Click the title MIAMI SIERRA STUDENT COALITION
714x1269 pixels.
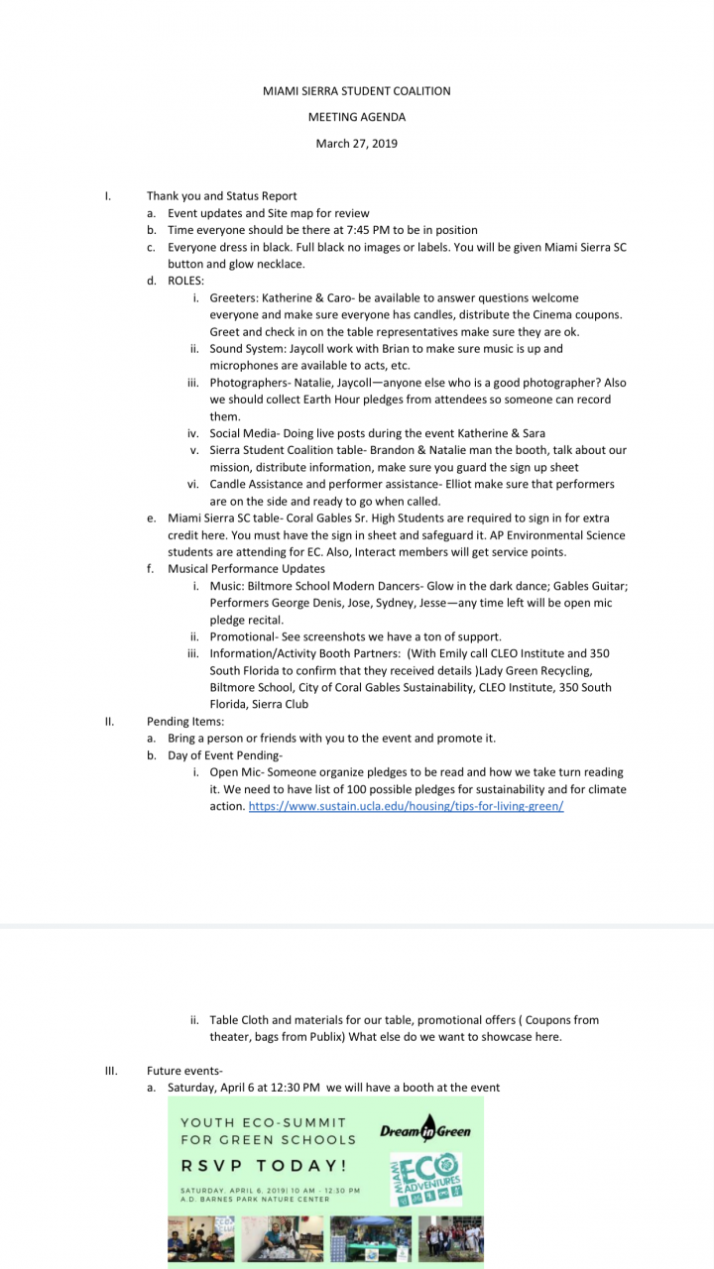coord(356,91)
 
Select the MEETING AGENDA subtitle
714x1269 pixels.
coord(356,117)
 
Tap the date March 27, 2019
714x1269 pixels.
coord(356,144)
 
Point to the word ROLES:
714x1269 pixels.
coord(186,281)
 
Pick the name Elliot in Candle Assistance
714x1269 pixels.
coord(420,484)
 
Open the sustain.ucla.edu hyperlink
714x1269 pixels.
coord(406,806)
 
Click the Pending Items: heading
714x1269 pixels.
coord(185,721)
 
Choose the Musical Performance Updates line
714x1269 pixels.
coord(246,569)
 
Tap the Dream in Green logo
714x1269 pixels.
coord(425,1129)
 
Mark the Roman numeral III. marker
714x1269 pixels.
coord(111,1071)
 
